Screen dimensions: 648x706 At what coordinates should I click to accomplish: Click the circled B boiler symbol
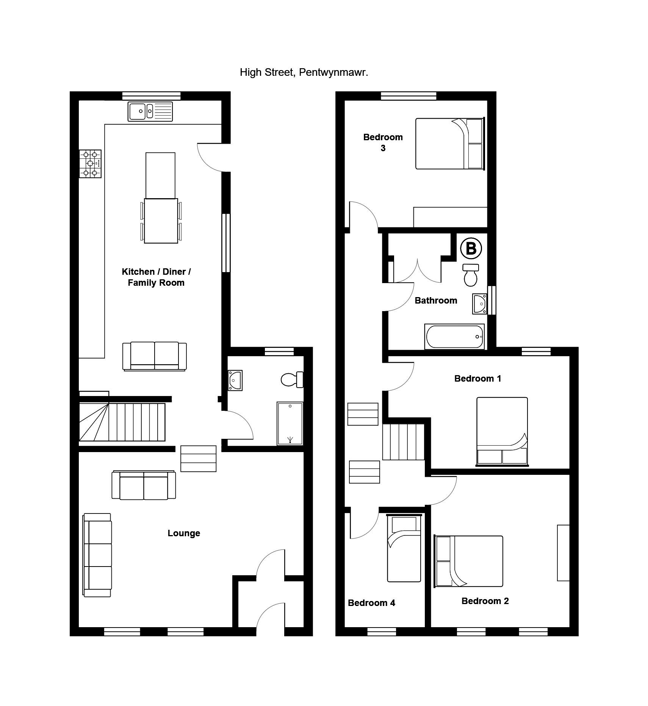tap(471, 249)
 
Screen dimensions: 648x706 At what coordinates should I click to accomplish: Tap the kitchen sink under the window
tap(150, 111)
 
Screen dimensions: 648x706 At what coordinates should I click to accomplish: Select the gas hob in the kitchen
tap(90, 163)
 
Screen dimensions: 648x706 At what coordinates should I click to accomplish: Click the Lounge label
tap(184, 533)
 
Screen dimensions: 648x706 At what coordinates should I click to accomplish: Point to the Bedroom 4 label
tap(371, 603)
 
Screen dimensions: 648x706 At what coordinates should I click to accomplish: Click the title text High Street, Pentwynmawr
tap(304, 72)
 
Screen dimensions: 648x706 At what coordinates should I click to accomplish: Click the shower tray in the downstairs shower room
tap(290, 423)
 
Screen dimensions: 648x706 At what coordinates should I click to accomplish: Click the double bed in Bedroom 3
tap(450, 144)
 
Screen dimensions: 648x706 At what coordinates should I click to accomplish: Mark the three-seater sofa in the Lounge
tap(97, 555)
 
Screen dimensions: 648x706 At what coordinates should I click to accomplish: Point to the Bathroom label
tap(436, 301)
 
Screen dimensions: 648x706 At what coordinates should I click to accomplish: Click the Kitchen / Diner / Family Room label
tap(156, 277)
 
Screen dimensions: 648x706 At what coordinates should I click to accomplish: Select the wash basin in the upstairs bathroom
tap(480, 304)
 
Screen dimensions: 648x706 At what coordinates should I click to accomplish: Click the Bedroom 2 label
tap(485, 601)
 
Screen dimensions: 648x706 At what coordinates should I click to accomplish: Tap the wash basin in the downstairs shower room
tap(235, 380)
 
